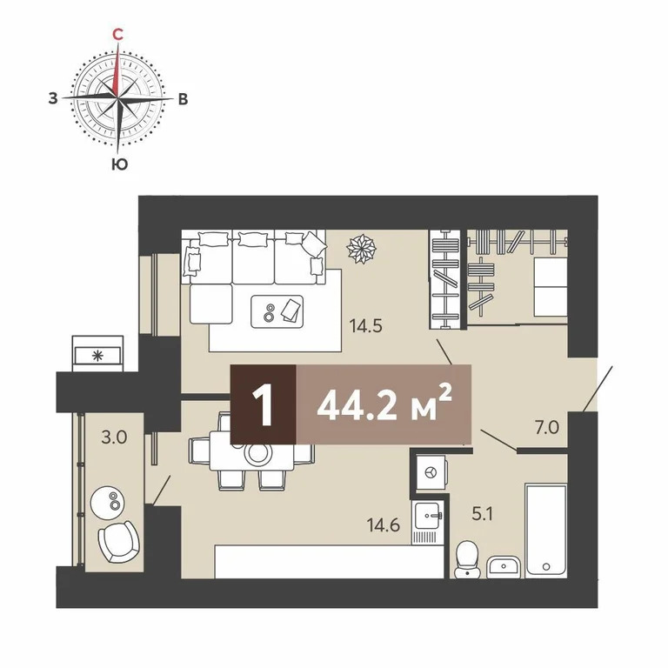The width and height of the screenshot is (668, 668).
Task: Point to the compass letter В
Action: point(182,99)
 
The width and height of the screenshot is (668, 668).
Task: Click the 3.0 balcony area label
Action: point(114,437)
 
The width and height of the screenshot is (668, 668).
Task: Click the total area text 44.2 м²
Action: point(384,406)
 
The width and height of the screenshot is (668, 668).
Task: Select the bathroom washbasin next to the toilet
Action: point(502,567)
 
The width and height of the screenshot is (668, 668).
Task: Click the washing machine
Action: point(429,472)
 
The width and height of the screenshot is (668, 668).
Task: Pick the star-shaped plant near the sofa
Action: point(359,249)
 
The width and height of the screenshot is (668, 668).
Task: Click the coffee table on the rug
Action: point(277,311)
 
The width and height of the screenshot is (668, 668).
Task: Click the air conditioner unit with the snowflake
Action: point(97,354)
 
